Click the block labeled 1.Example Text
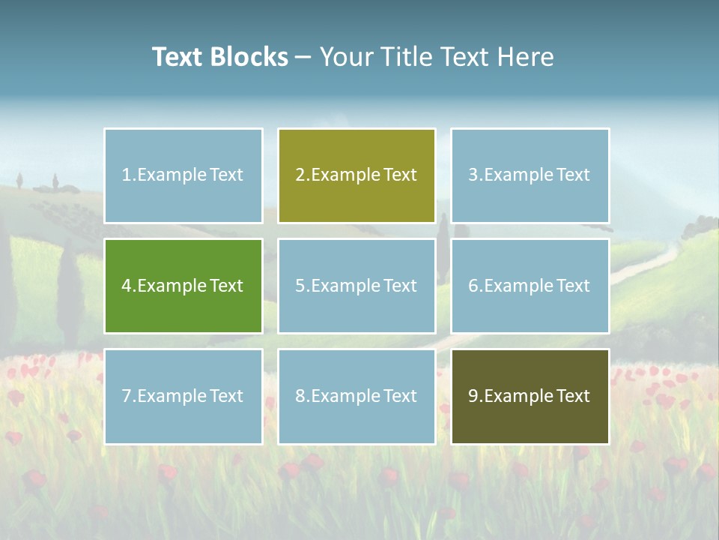[x=183, y=175]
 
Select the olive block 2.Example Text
[x=357, y=175]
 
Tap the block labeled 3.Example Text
[x=530, y=175]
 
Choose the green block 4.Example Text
[x=183, y=286]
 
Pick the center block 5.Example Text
[x=357, y=286]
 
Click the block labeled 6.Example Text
[x=530, y=286]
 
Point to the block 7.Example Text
[x=183, y=396]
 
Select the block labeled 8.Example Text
[x=357, y=396]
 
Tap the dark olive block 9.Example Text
[x=530, y=396]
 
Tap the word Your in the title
[x=347, y=57]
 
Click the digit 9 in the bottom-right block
[x=473, y=396]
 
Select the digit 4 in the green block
[x=126, y=286]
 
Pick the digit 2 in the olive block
[x=300, y=175]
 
